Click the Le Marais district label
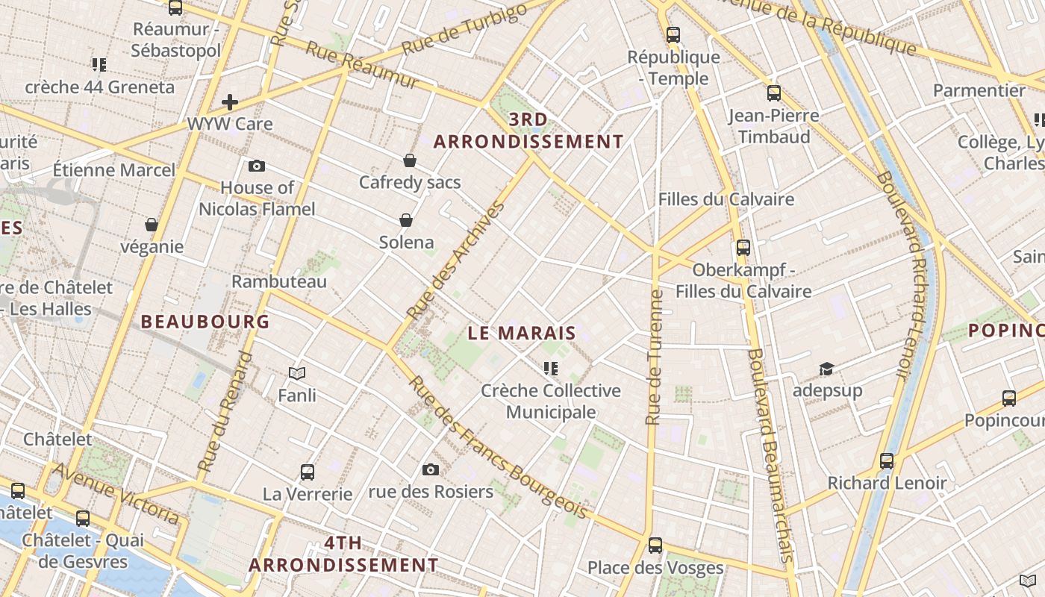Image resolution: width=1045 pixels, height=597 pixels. tap(522, 333)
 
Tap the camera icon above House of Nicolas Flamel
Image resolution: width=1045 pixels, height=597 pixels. tap(257, 166)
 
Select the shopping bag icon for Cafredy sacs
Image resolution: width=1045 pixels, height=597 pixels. tap(410, 160)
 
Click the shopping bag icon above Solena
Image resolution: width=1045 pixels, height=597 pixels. tap(406, 220)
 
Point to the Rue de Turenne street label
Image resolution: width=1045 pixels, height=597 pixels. tap(655, 357)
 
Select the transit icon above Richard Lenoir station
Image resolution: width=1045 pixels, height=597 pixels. tap(887, 460)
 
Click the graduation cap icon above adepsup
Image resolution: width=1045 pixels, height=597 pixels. tap(826, 369)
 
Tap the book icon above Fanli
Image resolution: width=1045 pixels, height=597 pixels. tap(297, 373)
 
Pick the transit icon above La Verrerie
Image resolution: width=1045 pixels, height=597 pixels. tap(308, 472)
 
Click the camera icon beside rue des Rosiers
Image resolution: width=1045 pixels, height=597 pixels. tap(431, 469)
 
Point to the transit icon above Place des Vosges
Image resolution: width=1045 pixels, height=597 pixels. tap(655, 546)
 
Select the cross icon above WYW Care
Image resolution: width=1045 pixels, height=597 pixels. tap(230, 102)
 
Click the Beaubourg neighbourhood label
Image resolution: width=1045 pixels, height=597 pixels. tap(205, 322)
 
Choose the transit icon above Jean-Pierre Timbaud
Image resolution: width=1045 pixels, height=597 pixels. tap(774, 93)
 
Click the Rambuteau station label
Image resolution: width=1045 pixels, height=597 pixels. tap(279, 281)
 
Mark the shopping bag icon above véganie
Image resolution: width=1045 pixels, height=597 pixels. tap(152, 225)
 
